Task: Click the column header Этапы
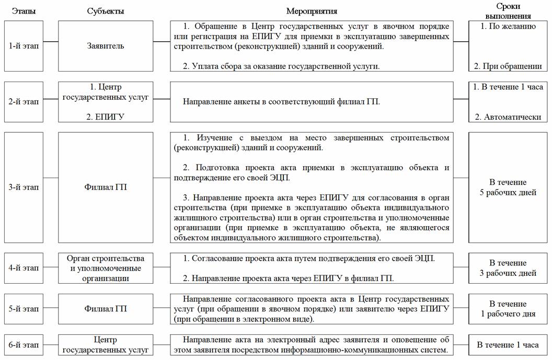[x=24, y=11]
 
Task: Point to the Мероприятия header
[x=312, y=11]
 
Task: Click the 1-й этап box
[x=24, y=46]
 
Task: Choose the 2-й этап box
[x=24, y=101]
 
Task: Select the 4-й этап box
[x=24, y=268]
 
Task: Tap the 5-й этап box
[x=24, y=309]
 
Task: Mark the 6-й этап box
[x=24, y=345]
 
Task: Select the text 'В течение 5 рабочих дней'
[x=508, y=187]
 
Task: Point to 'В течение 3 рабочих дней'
[x=508, y=268]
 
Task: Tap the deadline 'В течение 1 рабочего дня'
[x=508, y=309]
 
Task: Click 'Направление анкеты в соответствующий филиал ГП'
[x=281, y=101]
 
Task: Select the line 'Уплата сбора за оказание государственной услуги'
[x=281, y=66]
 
